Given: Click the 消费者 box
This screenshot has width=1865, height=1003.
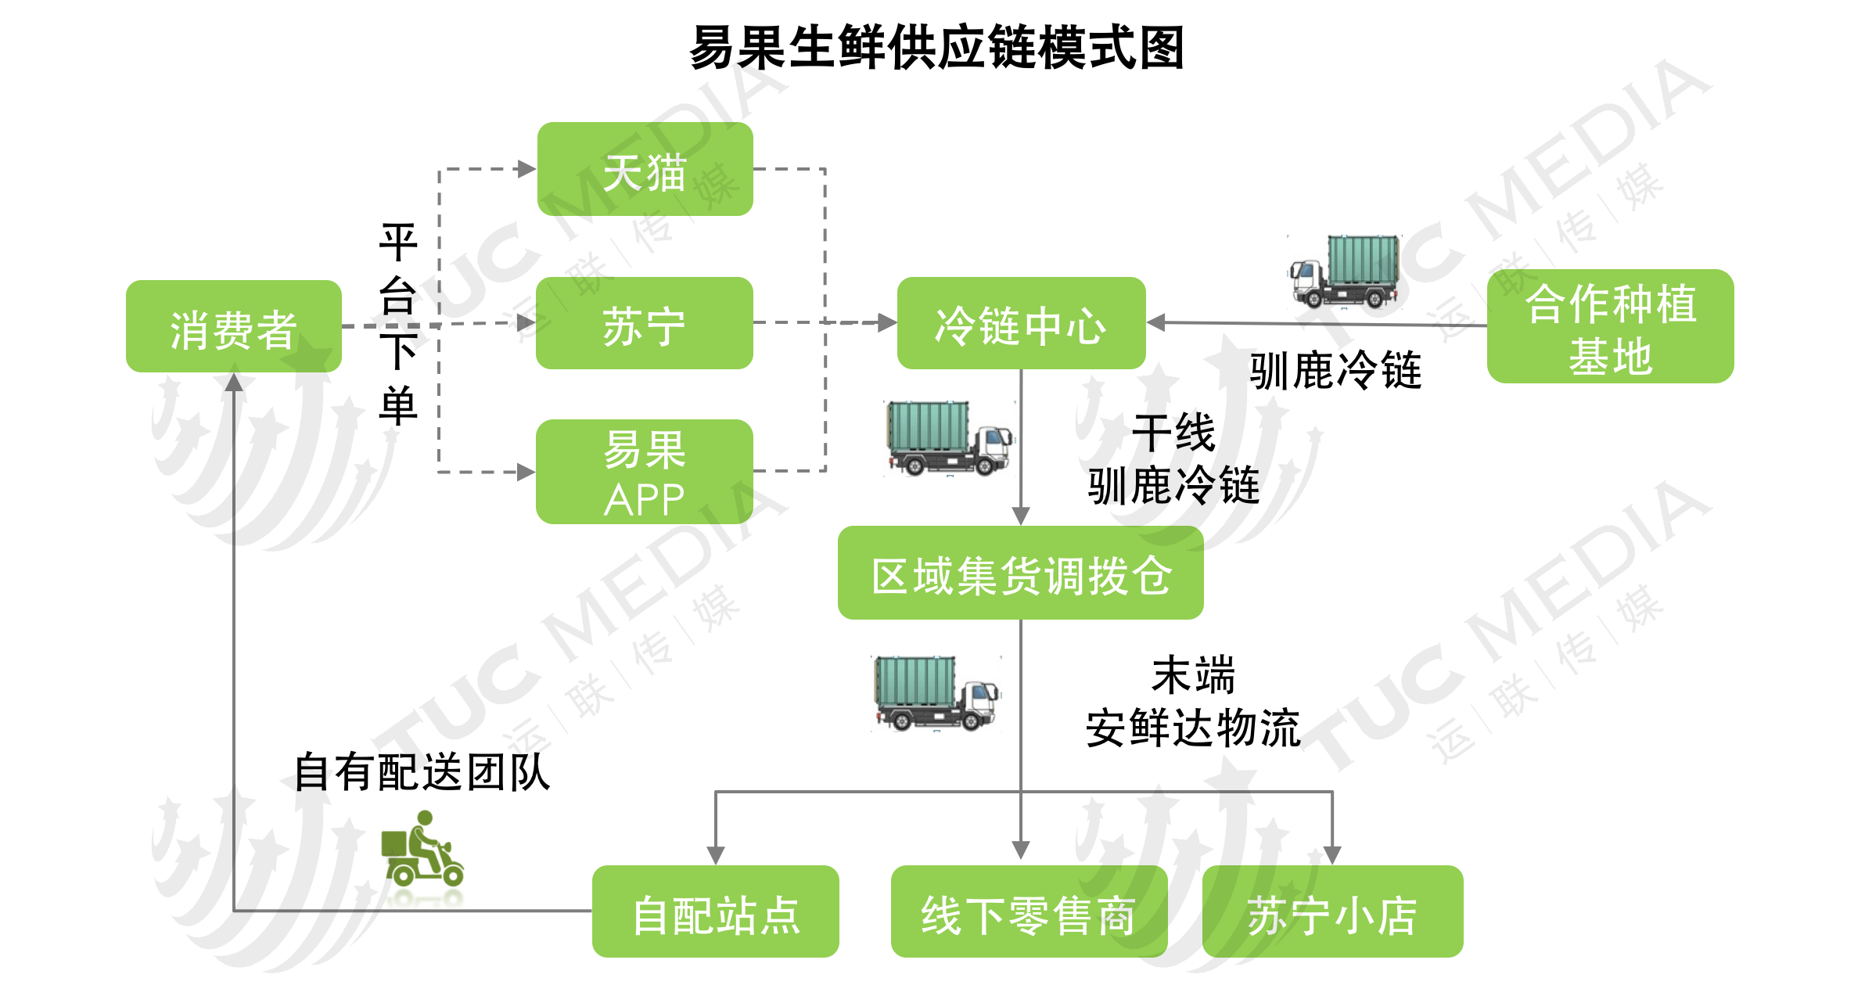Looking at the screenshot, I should pos(233,326).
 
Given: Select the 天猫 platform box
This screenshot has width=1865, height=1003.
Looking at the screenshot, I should pos(645,169).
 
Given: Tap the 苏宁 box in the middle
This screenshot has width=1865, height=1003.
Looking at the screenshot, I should pos(644,323).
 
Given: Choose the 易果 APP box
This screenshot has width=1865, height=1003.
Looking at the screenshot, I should pos(644,472).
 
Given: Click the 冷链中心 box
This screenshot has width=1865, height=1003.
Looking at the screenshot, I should pos(1021,323).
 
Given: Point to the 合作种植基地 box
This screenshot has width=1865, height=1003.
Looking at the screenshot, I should pos(1610,326).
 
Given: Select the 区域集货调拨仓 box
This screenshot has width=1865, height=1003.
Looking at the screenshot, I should pos(1020,573).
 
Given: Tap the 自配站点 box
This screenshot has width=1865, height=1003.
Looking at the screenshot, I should pos(715,911).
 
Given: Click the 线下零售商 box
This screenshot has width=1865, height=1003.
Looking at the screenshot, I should pos(1028,911).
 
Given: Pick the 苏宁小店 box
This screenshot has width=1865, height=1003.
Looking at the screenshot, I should pos(1332,911).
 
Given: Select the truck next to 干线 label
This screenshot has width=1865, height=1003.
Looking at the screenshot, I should pos(950,438).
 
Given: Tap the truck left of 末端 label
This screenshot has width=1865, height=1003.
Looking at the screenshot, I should pos(936,693).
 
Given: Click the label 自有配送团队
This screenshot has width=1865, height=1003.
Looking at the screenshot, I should pos(422,772).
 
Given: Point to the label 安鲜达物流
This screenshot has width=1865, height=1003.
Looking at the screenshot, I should pos(1193,728).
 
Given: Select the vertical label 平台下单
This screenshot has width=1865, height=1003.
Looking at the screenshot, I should pos(398,324).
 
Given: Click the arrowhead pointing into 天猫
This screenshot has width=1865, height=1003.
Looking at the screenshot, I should pos(526,169).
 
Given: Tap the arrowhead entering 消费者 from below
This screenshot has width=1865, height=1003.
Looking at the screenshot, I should pos(234,382).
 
